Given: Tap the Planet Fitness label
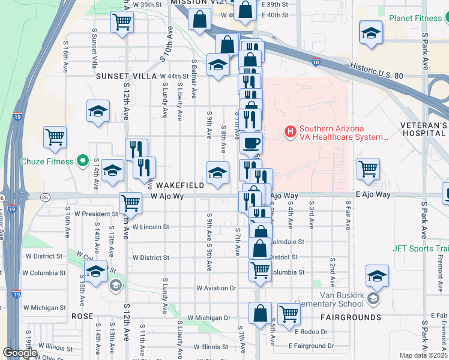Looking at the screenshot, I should [x=415, y=18].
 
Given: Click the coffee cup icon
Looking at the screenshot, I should [x=251, y=143].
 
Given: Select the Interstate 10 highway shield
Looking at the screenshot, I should [x=316, y=61].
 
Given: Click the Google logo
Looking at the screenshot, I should [x=20, y=353].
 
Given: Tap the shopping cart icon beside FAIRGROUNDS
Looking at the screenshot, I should [x=289, y=312].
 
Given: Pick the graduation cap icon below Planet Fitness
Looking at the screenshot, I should [x=371, y=32].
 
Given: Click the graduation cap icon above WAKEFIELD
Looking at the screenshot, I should [x=217, y=173].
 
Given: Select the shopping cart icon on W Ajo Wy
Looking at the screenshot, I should [x=130, y=202].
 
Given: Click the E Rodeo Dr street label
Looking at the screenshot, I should [x=311, y=332].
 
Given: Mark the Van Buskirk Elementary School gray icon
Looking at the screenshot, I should [x=373, y=299].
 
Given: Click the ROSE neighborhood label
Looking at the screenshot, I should [x=82, y=316].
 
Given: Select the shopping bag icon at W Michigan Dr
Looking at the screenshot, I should [x=260, y=313].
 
